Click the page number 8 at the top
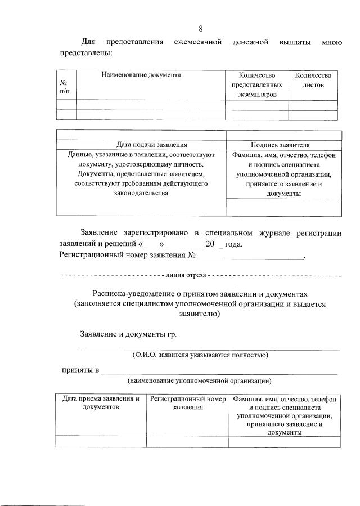[x=201, y=28]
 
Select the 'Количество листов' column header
[x=313, y=79]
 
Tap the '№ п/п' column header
[x=66, y=86]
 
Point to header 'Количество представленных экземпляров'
[x=256, y=84]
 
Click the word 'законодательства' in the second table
[x=141, y=193]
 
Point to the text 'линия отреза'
[x=186, y=276]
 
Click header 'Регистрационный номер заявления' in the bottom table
[x=187, y=402]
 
